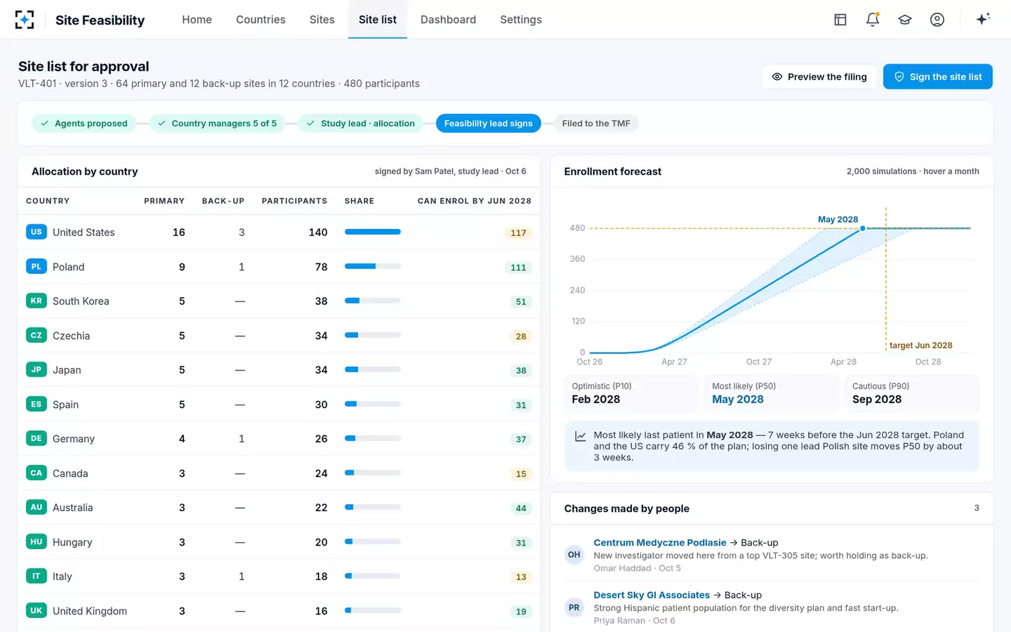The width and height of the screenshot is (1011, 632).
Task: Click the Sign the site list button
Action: [937, 77]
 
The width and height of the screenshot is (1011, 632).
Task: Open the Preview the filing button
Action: [819, 77]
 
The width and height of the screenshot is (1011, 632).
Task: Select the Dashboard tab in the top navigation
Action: [448, 20]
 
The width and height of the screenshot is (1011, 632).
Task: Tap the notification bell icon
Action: [873, 20]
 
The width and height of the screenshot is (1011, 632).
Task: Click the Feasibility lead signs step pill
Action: [489, 124]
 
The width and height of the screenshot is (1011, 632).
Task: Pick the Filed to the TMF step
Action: [596, 124]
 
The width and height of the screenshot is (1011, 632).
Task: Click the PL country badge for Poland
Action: [36, 266]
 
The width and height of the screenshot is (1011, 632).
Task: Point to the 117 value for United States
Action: [518, 233]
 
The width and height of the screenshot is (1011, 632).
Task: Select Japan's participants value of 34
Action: [321, 369]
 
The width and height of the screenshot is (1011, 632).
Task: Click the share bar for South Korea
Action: [372, 301]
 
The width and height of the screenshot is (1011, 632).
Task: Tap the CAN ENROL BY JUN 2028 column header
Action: [475, 201]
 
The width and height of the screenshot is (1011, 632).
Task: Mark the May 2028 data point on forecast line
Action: [862, 228]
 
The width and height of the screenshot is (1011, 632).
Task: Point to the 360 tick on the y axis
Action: [577, 258]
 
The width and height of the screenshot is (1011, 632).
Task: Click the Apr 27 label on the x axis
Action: [674, 362]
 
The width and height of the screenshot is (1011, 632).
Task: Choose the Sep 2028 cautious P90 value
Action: [876, 399]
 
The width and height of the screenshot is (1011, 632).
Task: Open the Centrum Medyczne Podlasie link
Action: [660, 543]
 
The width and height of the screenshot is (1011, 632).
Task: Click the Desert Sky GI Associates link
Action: [652, 595]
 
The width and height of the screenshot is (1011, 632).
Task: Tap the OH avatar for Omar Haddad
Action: [574, 554]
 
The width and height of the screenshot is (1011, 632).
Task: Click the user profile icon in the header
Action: [937, 20]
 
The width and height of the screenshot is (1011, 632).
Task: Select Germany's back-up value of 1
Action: [242, 439]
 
